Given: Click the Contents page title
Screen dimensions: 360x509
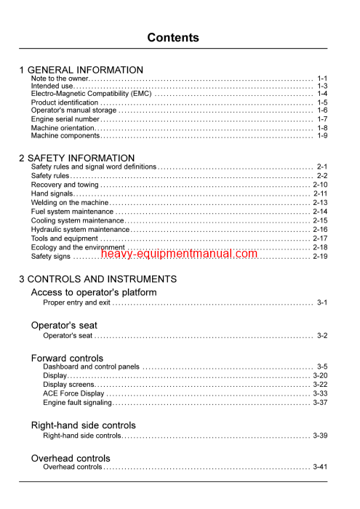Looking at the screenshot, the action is (x=172, y=38).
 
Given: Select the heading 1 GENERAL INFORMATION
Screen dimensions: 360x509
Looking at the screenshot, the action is (x=81, y=70).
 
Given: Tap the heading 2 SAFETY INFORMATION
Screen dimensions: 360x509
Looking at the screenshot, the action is (x=76, y=158).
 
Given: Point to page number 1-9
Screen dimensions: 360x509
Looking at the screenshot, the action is (x=322, y=135).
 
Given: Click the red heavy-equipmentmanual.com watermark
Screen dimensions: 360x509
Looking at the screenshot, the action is (x=179, y=254).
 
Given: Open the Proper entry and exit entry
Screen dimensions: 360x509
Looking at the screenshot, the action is (x=76, y=302).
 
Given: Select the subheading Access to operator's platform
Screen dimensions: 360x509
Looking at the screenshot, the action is (x=94, y=292).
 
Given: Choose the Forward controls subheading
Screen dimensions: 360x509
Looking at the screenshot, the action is (x=67, y=358).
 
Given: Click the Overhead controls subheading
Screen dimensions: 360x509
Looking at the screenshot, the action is (x=71, y=458).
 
